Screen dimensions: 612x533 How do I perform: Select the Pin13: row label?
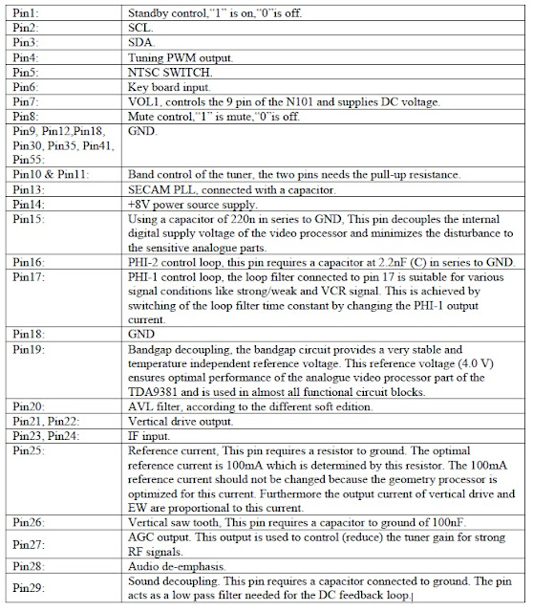(29, 189)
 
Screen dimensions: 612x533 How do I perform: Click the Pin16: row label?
(29, 260)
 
